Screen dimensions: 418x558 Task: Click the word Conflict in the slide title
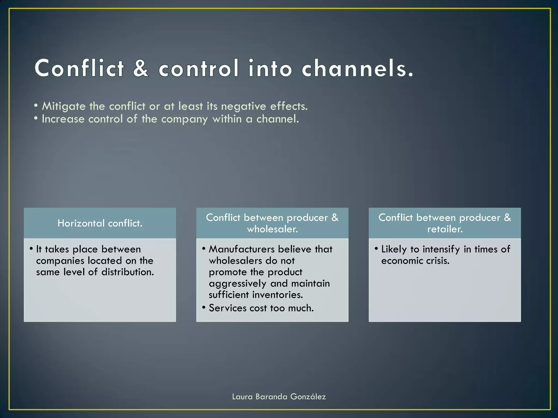pos(79,68)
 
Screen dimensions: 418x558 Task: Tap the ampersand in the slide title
pos(141,68)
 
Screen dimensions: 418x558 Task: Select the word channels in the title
pos(357,68)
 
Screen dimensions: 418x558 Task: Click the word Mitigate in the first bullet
pos(64,106)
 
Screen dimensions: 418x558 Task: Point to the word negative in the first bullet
pos(243,106)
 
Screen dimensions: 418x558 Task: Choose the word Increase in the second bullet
pos(63,119)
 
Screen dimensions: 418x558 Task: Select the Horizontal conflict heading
pos(100,223)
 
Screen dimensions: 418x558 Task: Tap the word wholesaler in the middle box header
pos(272,229)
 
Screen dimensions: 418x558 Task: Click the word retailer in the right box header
pos(445,229)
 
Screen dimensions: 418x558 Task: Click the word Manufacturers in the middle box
pos(242,249)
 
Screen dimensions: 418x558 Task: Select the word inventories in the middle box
pos(277,295)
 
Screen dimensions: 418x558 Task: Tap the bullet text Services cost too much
pos(261,308)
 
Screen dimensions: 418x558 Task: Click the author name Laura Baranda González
pos(279,397)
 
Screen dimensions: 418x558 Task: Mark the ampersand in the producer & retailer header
pos(507,217)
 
